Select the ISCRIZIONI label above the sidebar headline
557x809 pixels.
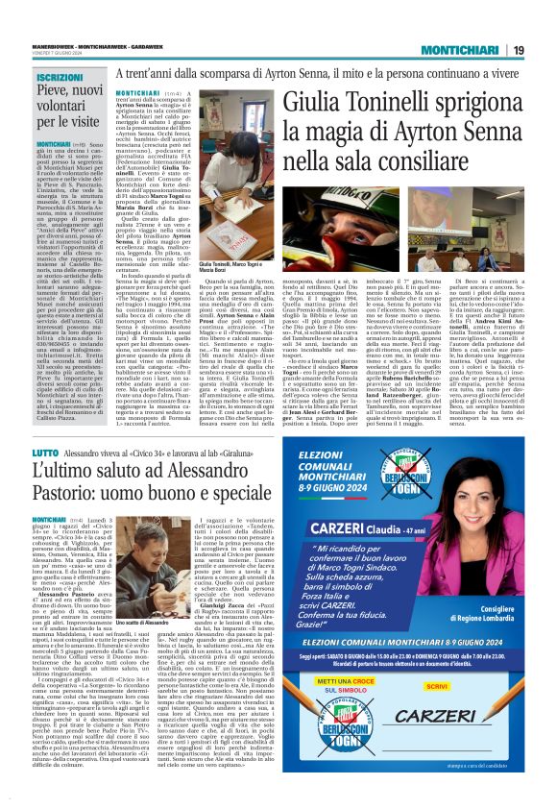(60, 77)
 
